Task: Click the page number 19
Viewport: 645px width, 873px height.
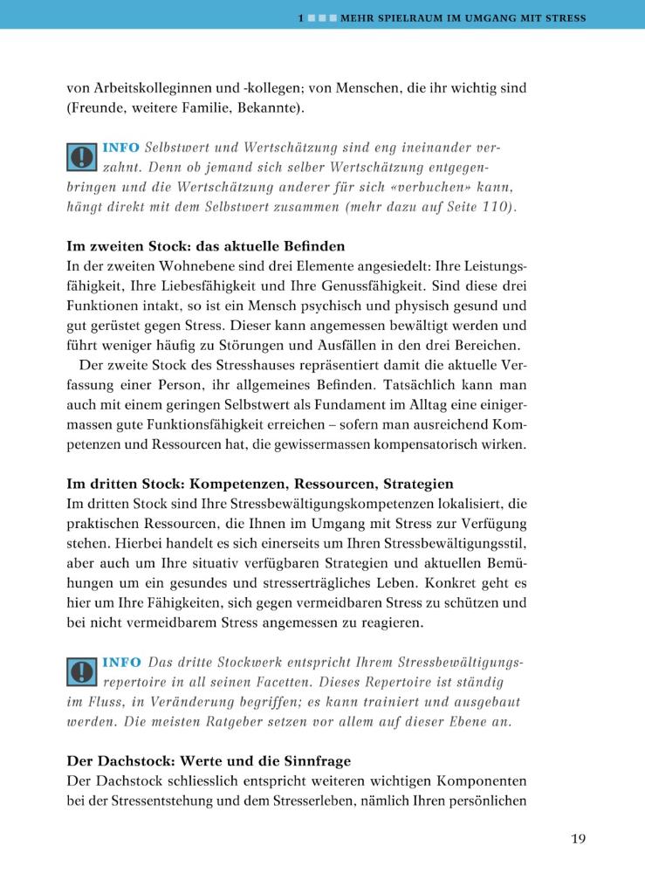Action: click(x=578, y=840)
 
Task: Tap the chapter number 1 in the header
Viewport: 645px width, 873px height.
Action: click(x=299, y=17)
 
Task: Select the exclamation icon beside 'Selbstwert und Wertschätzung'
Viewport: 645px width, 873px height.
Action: click(x=81, y=156)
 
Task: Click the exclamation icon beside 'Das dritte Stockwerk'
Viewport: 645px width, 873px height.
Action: click(x=81, y=670)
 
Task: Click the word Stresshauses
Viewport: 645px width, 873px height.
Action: click(x=235, y=364)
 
